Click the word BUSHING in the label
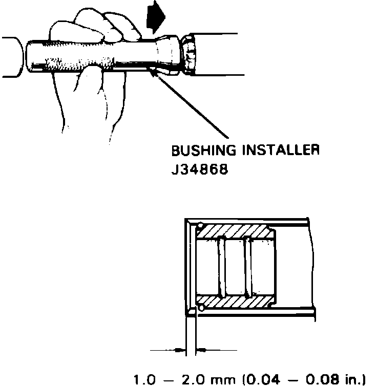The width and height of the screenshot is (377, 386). point(195,152)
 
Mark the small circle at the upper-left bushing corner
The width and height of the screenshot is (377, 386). point(200,226)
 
